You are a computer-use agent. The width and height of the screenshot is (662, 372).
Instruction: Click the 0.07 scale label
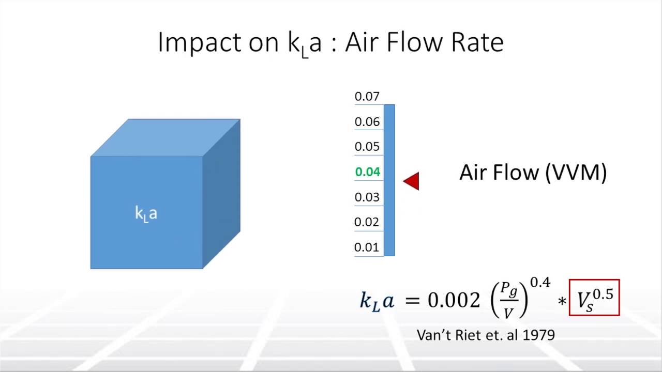point(367,97)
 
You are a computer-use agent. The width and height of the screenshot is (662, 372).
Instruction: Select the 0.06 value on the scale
point(367,122)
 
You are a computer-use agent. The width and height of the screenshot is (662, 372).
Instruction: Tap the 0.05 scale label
point(367,147)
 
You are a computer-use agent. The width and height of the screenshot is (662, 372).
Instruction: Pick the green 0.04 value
point(367,172)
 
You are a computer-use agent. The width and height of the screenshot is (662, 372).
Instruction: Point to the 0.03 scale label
point(367,197)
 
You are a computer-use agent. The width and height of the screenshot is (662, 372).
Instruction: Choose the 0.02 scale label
point(367,222)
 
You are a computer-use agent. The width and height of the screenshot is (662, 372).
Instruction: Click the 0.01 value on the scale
point(367,247)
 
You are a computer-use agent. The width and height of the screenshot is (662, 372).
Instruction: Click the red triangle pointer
point(412,181)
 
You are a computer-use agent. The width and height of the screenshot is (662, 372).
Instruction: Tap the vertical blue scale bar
point(389,180)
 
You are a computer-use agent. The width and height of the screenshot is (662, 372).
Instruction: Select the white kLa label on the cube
point(146,213)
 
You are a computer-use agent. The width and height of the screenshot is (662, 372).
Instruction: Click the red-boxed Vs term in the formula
point(594,298)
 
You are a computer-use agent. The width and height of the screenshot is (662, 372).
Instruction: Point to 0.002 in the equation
point(454,300)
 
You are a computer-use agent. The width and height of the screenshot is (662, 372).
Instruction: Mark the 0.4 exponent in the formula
point(540,283)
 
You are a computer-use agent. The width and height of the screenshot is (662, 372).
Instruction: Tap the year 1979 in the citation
point(539,335)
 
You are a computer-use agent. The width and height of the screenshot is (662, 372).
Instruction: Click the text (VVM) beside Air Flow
point(576,173)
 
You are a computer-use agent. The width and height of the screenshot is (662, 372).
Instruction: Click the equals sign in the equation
point(412,300)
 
